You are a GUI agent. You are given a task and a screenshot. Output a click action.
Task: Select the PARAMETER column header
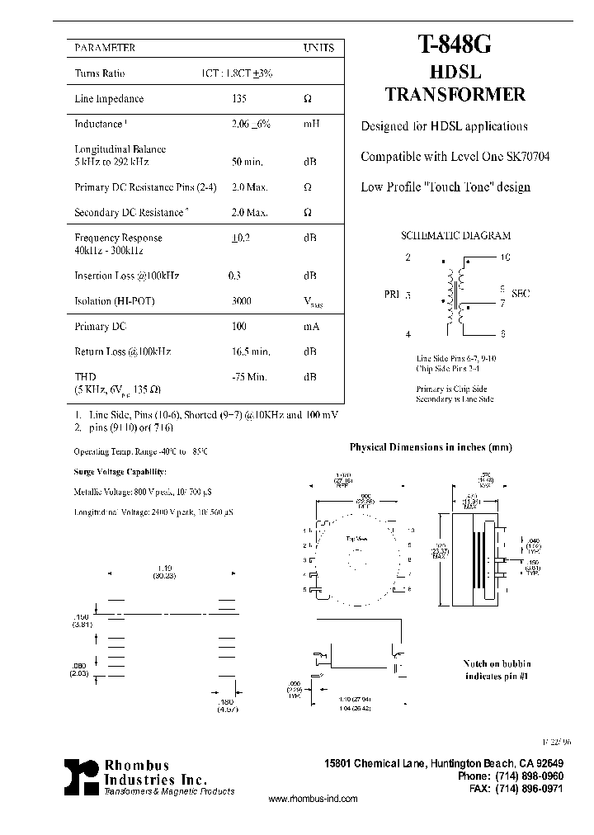point(105,48)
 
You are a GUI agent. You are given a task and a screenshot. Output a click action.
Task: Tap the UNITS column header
point(318,48)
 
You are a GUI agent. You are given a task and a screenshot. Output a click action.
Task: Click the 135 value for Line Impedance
point(241,99)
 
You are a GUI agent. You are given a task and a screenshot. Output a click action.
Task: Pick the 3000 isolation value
point(242,301)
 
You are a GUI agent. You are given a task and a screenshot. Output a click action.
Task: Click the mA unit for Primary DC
point(311,327)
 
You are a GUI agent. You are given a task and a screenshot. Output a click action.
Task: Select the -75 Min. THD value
point(248,377)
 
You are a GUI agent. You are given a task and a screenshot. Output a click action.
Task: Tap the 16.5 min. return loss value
point(249,351)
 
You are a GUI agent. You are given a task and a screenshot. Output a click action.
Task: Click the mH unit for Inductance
point(311,124)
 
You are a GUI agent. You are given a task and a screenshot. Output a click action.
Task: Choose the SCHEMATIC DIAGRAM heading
point(455,236)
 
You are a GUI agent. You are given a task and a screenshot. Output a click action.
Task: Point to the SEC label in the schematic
point(521,293)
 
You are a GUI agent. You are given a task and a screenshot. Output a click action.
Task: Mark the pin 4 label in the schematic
point(408,334)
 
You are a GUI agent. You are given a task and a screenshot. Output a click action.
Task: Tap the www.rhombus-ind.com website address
point(313,799)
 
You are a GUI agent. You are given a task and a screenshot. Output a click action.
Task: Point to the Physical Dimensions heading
point(431,447)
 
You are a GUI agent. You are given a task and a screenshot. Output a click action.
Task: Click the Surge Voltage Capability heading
point(120,471)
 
